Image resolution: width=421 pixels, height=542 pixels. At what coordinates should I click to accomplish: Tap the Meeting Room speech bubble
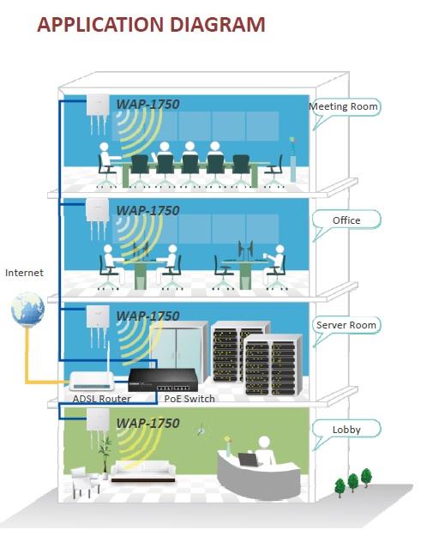(x=345, y=107)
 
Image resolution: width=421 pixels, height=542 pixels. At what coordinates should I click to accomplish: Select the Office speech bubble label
(x=346, y=220)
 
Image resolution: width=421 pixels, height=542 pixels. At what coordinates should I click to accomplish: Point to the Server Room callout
(x=346, y=325)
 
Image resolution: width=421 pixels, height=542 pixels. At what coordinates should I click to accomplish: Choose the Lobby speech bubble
(x=346, y=430)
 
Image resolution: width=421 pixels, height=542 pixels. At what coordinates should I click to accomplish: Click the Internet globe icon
(x=27, y=310)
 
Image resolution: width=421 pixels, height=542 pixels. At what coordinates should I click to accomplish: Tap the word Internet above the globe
(x=24, y=273)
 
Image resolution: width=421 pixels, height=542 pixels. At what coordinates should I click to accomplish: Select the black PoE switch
(x=163, y=380)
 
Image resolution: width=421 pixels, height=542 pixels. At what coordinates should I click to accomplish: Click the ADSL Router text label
(x=102, y=399)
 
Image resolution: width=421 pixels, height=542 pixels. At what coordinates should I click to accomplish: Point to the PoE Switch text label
(x=189, y=399)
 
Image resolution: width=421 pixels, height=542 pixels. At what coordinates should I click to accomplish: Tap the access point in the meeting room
(x=98, y=113)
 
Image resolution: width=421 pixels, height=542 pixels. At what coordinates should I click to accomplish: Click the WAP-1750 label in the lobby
(x=148, y=423)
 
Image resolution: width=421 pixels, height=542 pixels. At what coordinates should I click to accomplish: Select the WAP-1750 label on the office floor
(x=148, y=210)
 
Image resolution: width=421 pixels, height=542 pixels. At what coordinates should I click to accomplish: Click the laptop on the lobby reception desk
(x=248, y=460)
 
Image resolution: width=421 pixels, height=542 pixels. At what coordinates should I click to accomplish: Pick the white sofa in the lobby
(x=143, y=471)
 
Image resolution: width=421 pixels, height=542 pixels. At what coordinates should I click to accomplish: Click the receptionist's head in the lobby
(x=264, y=443)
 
